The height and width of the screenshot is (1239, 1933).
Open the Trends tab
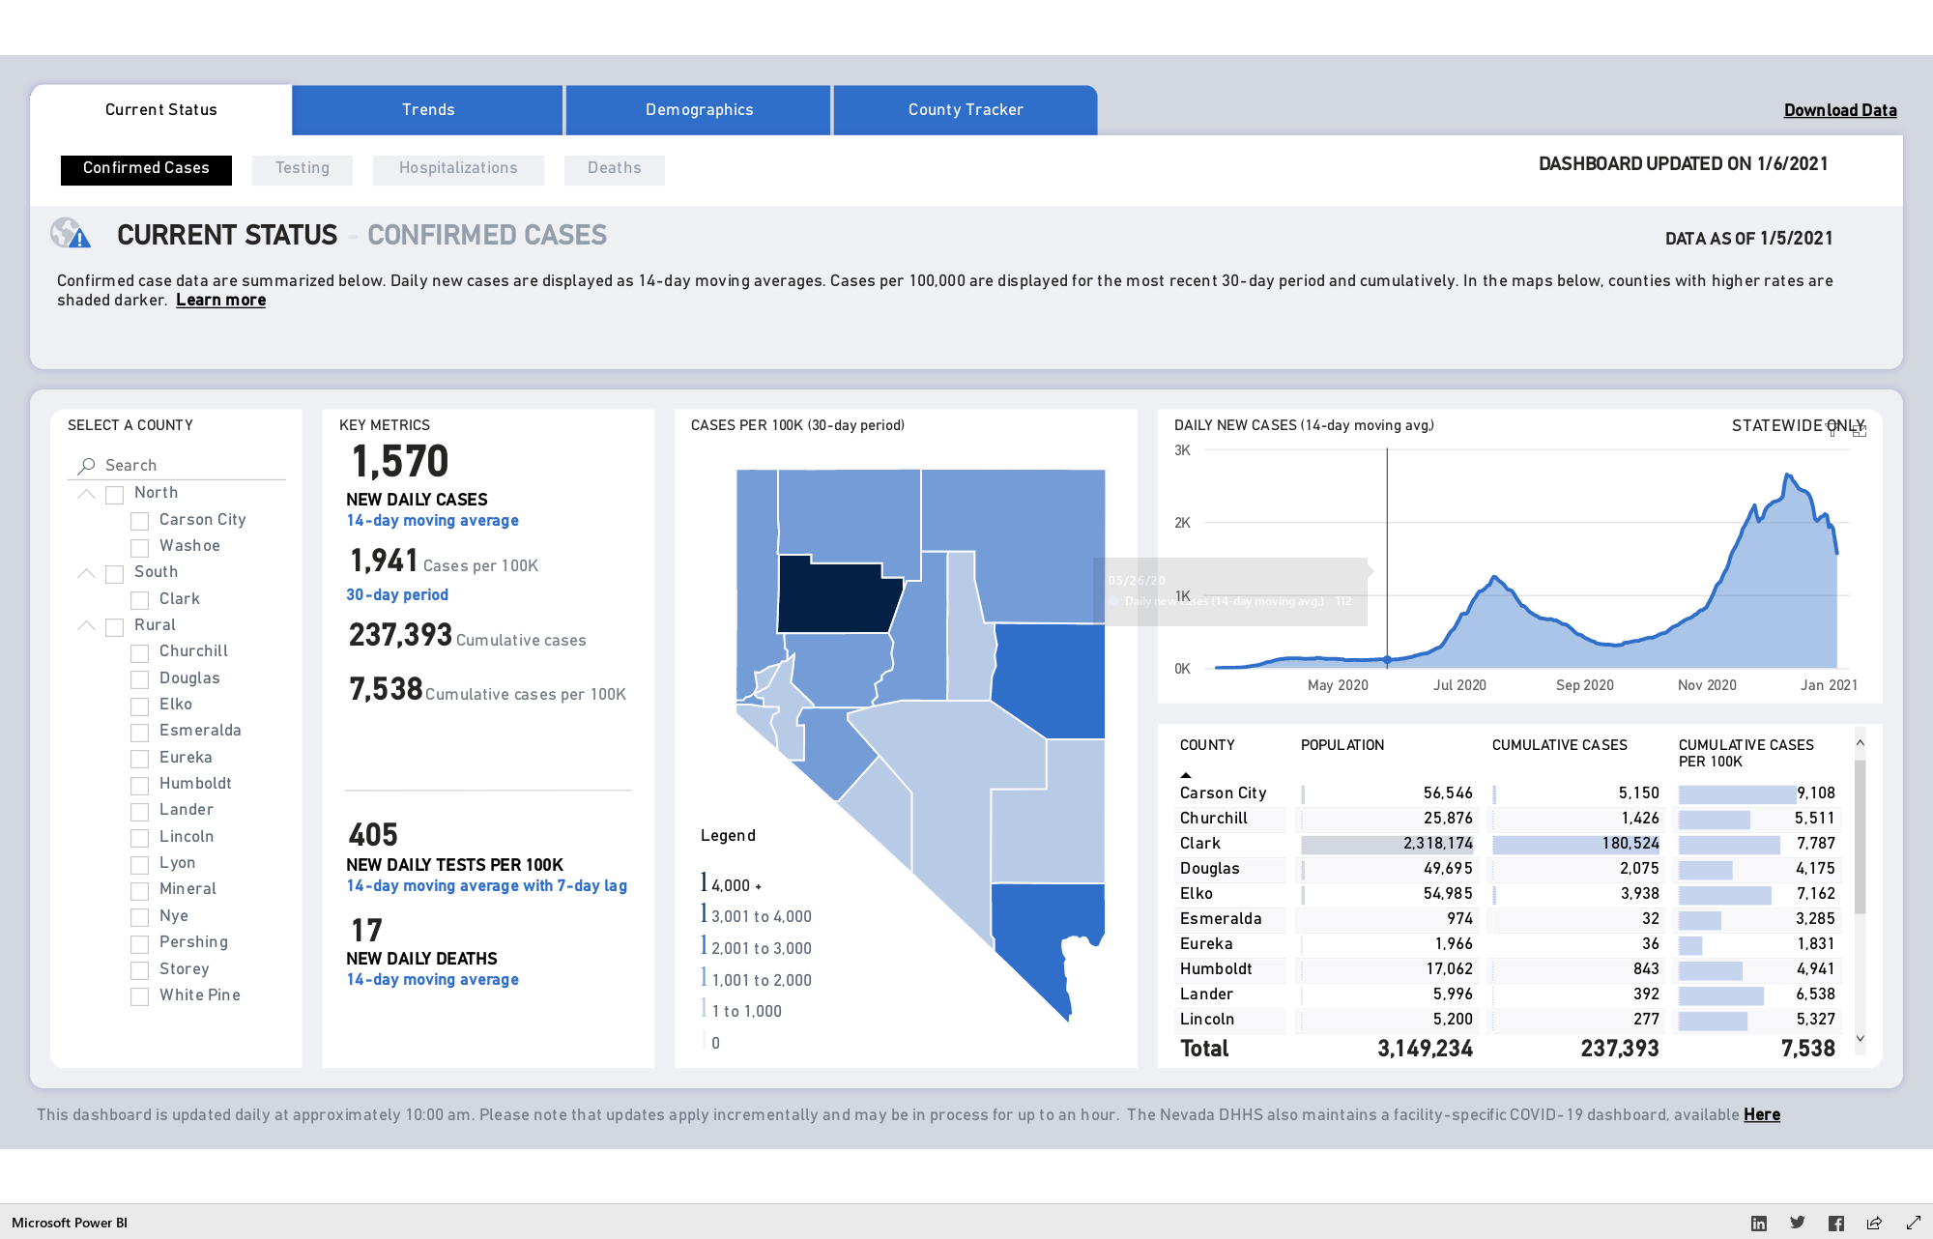click(x=427, y=110)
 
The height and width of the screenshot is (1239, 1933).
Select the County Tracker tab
click(x=965, y=110)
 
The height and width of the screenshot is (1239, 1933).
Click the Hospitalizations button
click(x=458, y=169)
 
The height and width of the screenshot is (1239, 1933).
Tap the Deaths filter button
click(x=615, y=169)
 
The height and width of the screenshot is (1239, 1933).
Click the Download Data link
click(x=1840, y=110)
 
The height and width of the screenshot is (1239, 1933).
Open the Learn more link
click(x=220, y=301)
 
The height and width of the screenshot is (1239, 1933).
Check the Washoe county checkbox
click(x=140, y=547)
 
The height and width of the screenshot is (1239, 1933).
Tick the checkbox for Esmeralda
click(x=140, y=732)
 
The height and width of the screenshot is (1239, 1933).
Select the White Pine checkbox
click(x=140, y=996)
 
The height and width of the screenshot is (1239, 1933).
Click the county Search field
click(x=179, y=466)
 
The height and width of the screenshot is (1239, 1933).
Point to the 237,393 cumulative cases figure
click(x=400, y=635)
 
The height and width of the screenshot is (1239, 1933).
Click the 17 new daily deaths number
click(x=366, y=931)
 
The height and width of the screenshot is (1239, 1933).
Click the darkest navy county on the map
click(x=837, y=594)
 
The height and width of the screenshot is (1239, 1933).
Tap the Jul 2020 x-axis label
click(x=1459, y=685)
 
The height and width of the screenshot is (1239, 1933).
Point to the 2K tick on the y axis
click(x=1182, y=523)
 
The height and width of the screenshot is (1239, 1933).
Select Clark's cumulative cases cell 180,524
click(x=1630, y=844)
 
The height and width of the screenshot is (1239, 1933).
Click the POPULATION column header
click(x=1342, y=745)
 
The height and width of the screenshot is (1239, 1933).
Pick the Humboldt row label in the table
click(x=1216, y=969)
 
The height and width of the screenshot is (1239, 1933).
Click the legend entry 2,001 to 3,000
click(x=761, y=949)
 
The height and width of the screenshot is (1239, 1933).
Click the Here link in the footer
click(x=1762, y=1115)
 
